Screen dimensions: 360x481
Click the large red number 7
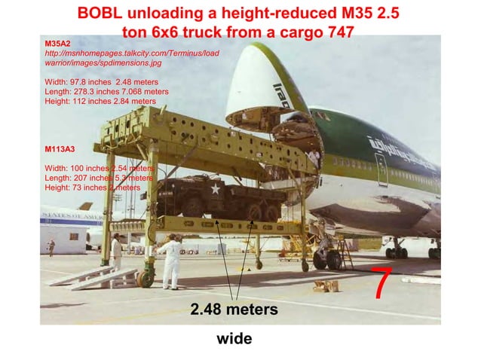click(382, 282)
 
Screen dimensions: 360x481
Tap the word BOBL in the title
click(100, 14)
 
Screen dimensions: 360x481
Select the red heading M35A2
click(58, 45)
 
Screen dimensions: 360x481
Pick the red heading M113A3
click(61, 148)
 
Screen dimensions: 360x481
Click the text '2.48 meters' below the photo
click(234, 310)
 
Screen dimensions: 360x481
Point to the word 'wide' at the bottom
click(234, 339)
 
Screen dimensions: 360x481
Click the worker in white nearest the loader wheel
click(170, 260)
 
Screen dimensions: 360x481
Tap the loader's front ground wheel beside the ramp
click(146, 277)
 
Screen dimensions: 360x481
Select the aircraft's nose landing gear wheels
click(327, 260)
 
